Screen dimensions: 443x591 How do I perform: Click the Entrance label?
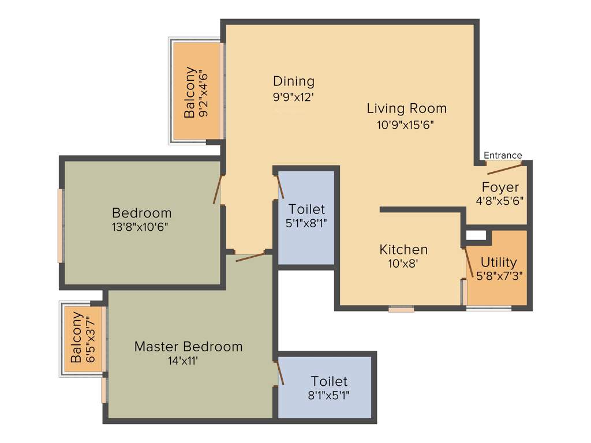(502, 155)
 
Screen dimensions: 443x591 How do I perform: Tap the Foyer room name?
(500, 187)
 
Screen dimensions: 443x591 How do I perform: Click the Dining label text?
(294, 81)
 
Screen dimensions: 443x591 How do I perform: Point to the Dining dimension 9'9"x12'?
(294, 97)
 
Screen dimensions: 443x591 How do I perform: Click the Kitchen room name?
(403, 250)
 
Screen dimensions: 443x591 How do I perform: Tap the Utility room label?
(499, 262)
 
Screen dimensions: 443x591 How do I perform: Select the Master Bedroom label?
(188, 347)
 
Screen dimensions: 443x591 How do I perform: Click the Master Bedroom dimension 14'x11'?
(184, 362)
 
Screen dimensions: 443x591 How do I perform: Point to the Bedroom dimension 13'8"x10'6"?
(141, 226)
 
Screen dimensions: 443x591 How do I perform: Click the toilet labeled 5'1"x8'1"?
(306, 216)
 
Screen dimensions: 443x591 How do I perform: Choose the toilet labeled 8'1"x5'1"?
(329, 388)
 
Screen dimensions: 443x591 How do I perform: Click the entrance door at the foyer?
(504, 168)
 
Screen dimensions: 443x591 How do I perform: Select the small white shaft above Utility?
(476, 235)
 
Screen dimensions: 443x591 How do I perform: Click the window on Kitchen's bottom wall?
(401, 309)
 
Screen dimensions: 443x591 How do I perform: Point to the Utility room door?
(469, 262)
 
